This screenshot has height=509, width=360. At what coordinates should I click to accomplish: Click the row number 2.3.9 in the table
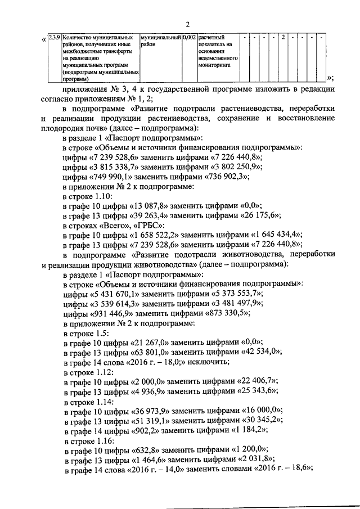pos(55,37)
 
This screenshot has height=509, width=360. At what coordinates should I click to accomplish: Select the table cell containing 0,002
pos(190,37)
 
